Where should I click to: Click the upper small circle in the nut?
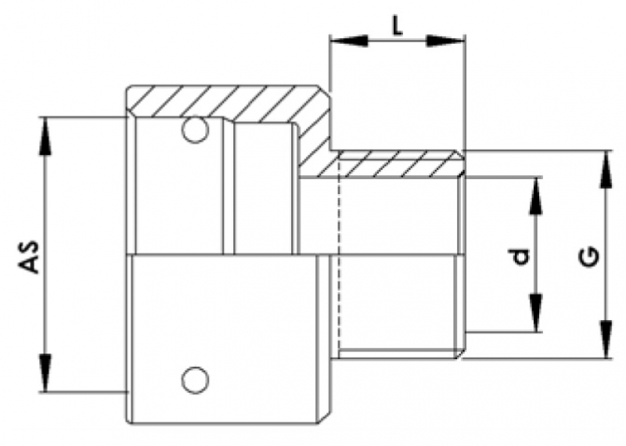tap(194, 130)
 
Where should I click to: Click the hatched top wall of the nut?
tap(227, 102)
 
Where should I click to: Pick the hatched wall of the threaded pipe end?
tap(399, 167)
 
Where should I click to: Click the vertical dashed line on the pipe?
tap(339, 258)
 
